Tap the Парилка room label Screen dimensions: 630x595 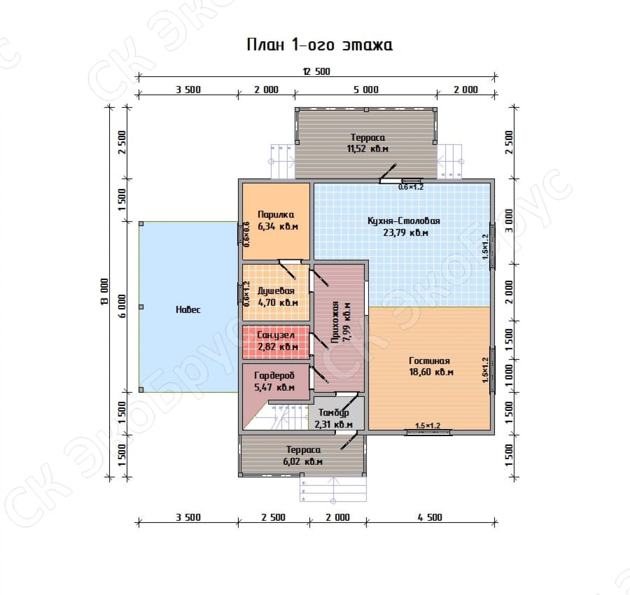tap(276, 215)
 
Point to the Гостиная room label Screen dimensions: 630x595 tap(429, 361)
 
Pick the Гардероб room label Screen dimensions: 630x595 tap(274, 376)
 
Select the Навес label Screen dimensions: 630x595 tap(188, 309)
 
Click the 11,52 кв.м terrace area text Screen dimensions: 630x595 tap(368, 149)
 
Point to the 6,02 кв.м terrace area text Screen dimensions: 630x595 tap(303, 461)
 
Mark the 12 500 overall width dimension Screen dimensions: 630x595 tap(317, 72)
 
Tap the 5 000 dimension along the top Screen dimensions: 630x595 tap(366, 90)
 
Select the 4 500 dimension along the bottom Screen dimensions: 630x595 tap(430, 518)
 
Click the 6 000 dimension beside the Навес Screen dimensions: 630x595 tap(122, 306)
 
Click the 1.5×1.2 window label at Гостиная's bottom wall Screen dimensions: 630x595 tap(428, 426)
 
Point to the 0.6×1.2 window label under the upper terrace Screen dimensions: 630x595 tap(411, 187)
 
